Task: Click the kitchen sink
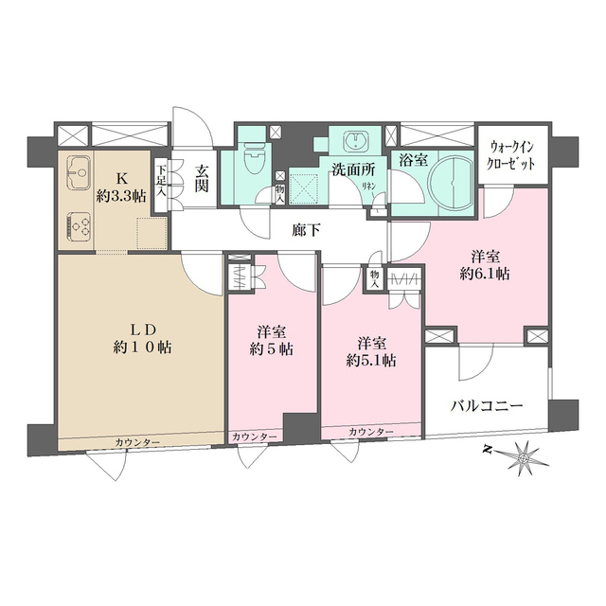(80, 173)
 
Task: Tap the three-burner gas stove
(80, 226)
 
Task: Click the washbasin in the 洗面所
(354, 141)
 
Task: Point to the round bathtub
(452, 182)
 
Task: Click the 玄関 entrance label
(202, 179)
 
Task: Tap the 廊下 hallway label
(306, 231)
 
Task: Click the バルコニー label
(487, 406)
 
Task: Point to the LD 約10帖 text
(142, 339)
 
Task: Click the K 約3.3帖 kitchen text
(121, 187)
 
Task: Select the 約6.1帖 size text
(485, 274)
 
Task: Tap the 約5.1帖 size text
(370, 361)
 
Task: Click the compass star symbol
(524, 458)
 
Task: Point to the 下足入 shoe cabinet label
(161, 180)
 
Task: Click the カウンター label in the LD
(137, 442)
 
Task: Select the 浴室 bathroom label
(413, 160)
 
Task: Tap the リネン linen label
(368, 186)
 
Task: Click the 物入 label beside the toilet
(280, 193)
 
